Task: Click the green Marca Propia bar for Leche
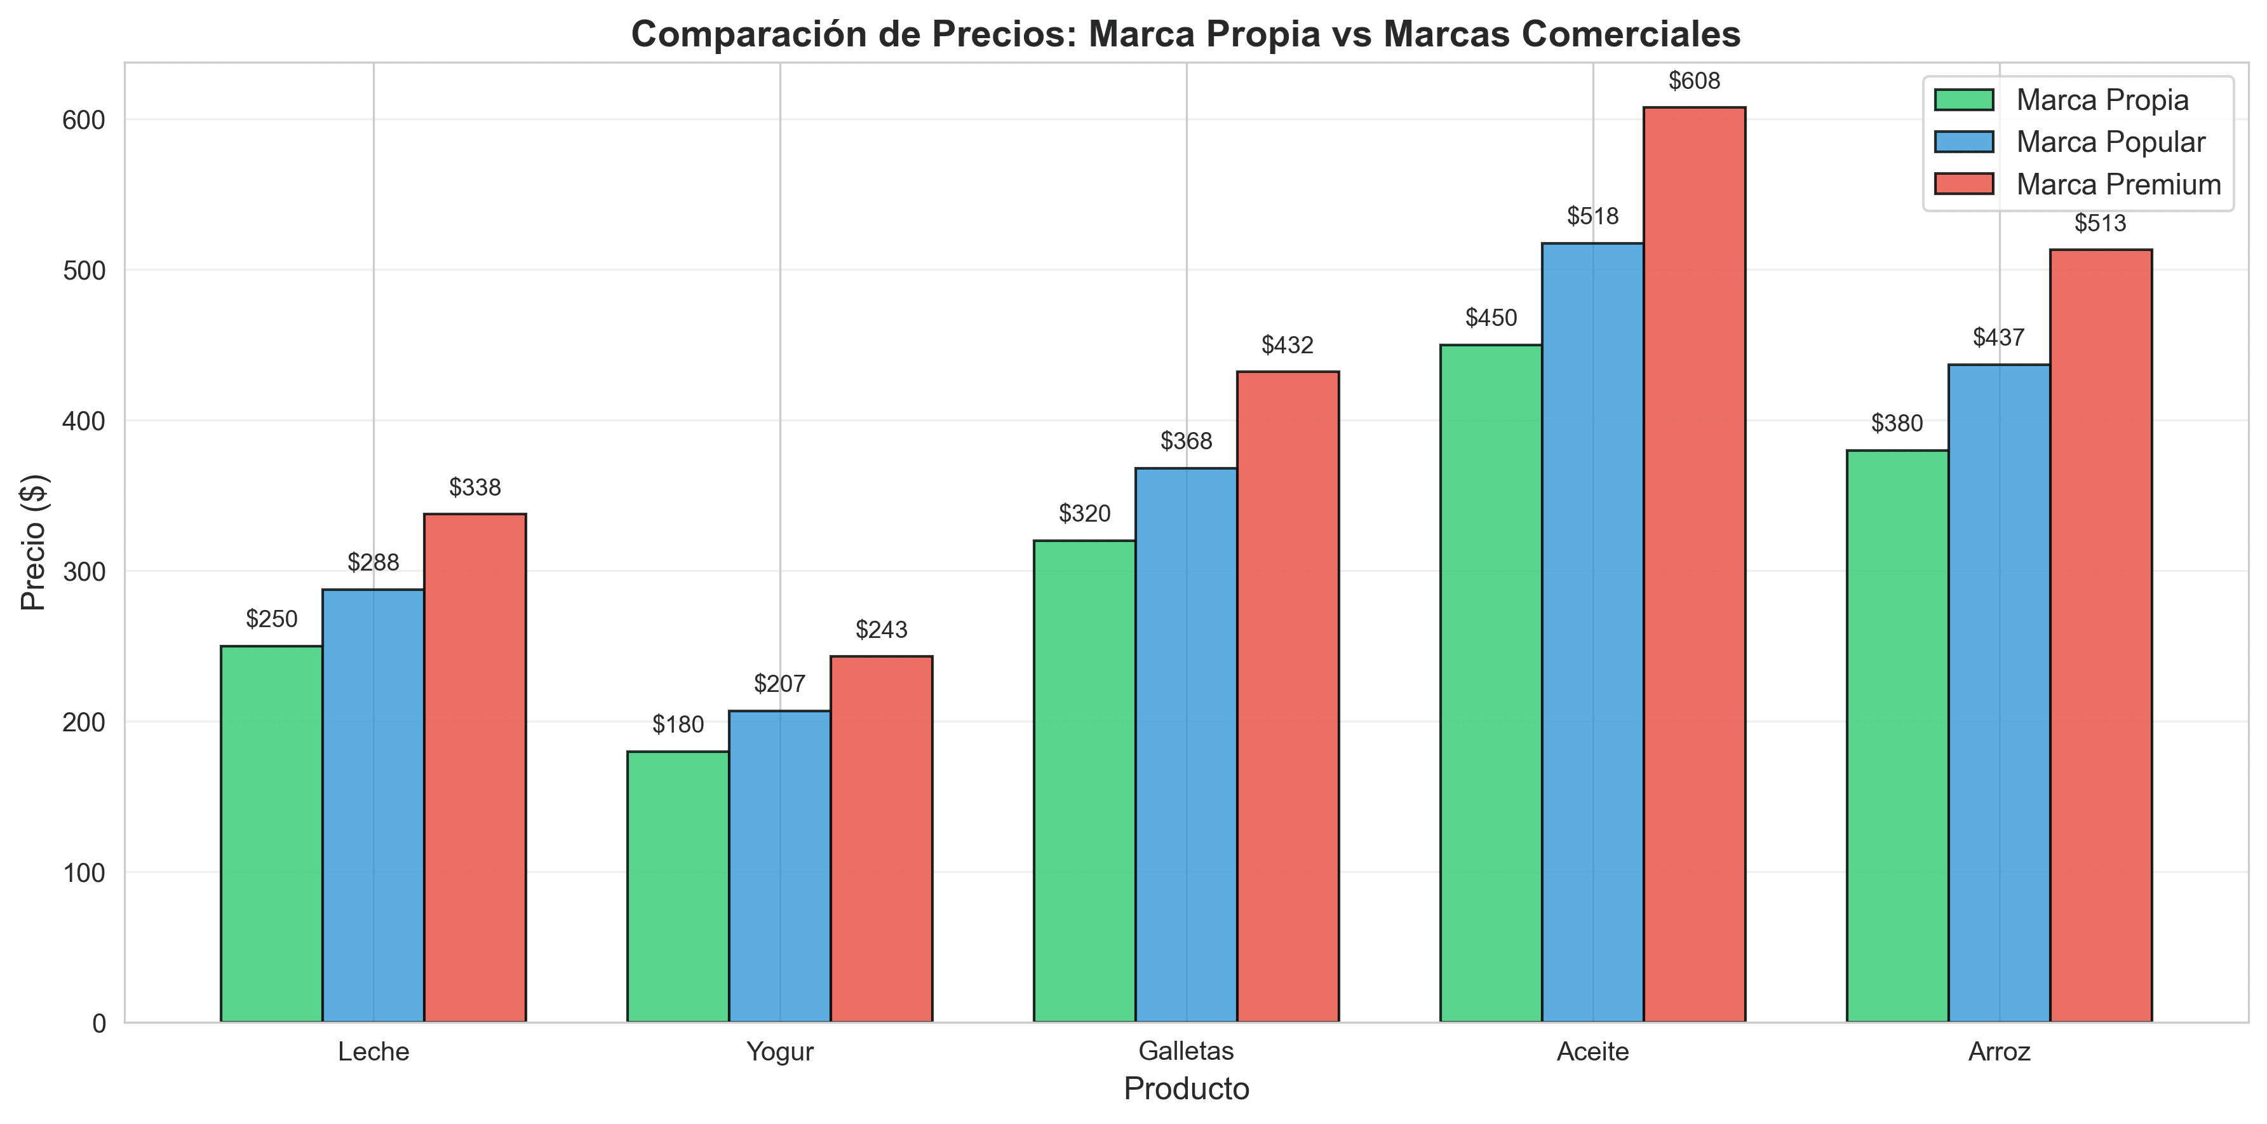pos(271,834)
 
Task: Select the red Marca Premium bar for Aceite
pos(1694,564)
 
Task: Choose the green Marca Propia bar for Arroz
pos(1897,736)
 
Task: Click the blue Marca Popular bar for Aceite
pos(1592,632)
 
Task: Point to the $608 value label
pos(1694,81)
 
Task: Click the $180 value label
pos(678,724)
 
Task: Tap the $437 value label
pos(1998,338)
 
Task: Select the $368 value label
pos(1185,441)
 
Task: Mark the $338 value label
pos(474,487)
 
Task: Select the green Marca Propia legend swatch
pos(1963,100)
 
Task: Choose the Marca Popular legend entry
pos(2110,142)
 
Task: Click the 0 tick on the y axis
pos(98,1024)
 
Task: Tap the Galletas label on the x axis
pos(1185,1052)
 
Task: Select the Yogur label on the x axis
pos(780,1052)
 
